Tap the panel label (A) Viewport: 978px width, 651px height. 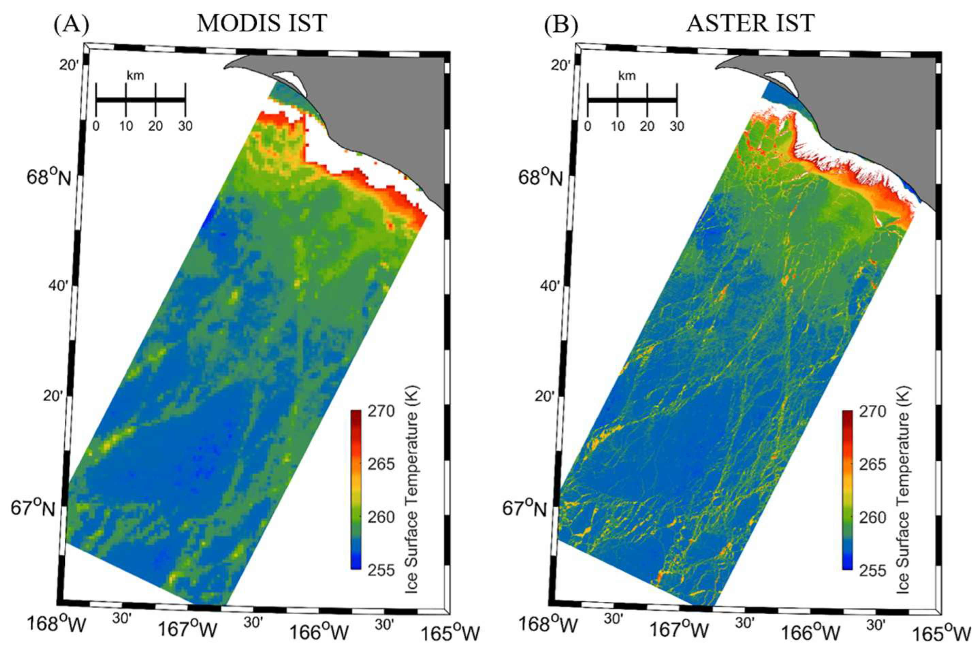[x=71, y=25]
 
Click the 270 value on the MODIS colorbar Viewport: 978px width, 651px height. [x=381, y=411]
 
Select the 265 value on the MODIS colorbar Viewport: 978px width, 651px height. [x=381, y=464]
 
